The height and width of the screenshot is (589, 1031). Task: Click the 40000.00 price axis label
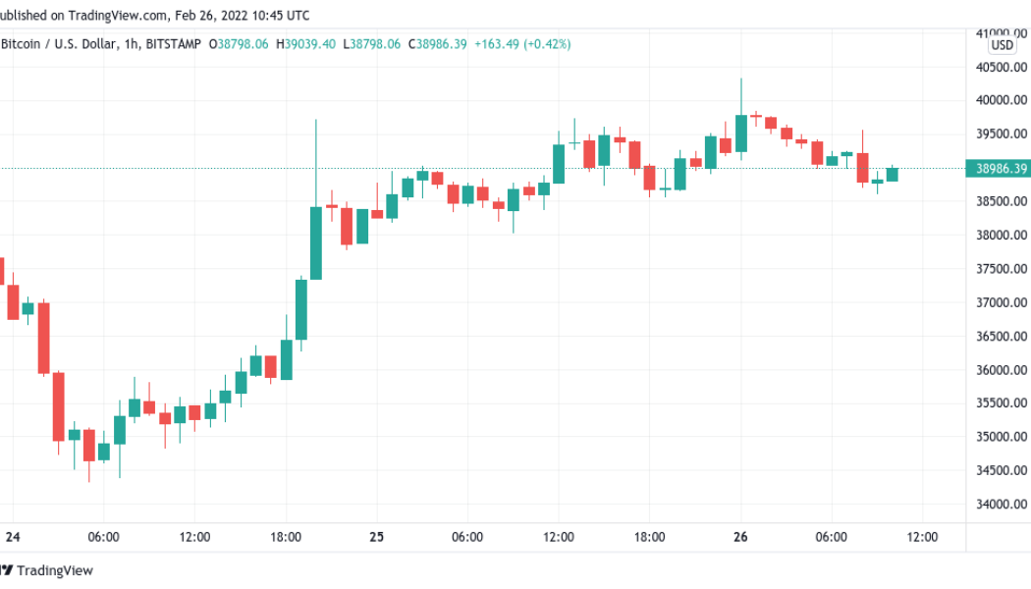click(1002, 100)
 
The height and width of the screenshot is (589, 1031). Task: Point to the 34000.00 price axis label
click(1002, 505)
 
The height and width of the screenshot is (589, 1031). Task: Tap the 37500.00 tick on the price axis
click(1002, 269)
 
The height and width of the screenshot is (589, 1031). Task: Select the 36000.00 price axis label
click(1002, 370)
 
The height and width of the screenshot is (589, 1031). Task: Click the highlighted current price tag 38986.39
click(1002, 169)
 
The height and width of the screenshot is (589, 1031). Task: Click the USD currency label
click(1002, 45)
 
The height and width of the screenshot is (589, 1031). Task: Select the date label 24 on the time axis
click(12, 537)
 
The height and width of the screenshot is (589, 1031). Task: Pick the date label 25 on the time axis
click(376, 537)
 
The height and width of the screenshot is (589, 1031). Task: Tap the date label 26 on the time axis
click(740, 537)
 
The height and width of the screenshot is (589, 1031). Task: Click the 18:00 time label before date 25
click(285, 537)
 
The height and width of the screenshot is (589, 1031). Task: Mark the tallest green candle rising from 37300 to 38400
click(315, 242)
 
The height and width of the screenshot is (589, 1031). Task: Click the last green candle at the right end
click(892, 175)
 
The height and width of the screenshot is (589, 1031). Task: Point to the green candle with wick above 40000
click(740, 134)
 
